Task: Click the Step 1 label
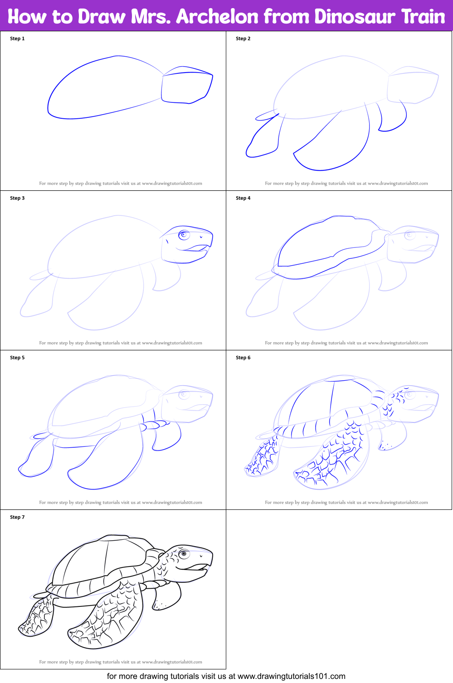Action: [x=17, y=39]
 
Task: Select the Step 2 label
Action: [x=243, y=39]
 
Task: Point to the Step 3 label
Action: [x=17, y=198]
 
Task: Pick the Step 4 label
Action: [x=243, y=198]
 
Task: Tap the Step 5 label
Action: [x=17, y=358]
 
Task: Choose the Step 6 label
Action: [x=243, y=358]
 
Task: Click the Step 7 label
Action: [x=17, y=517]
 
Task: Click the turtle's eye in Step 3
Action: [x=184, y=235]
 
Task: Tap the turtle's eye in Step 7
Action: [x=184, y=554]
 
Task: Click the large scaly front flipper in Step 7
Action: [x=109, y=616]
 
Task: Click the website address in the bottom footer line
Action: [x=291, y=676]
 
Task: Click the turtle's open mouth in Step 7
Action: [x=197, y=567]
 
